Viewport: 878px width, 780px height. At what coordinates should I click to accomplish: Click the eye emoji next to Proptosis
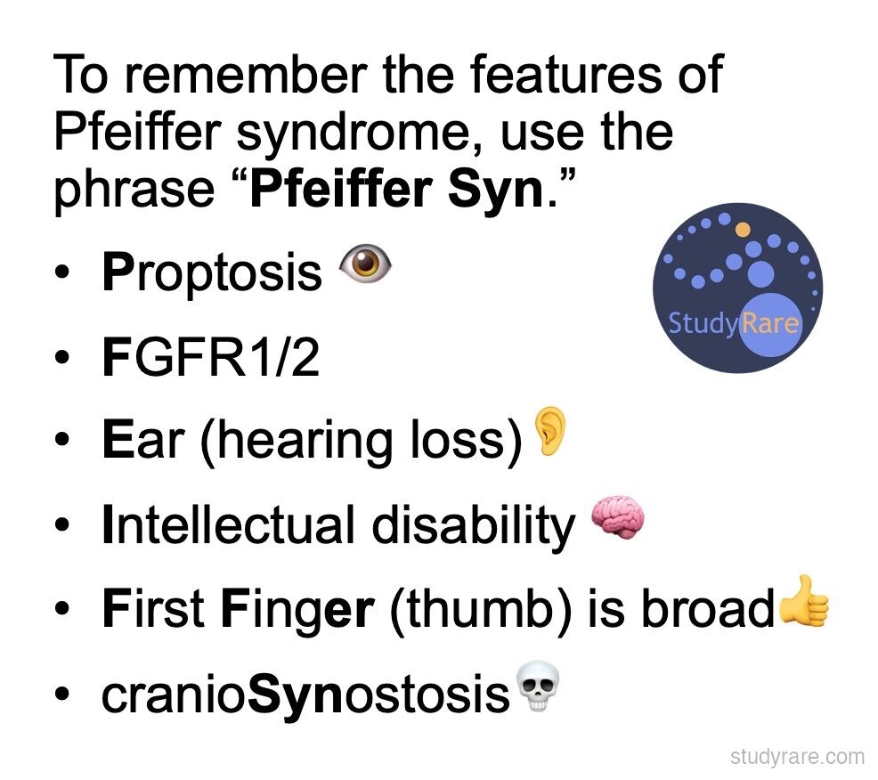(x=366, y=263)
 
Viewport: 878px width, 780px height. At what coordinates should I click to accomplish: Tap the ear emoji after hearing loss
(x=550, y=430)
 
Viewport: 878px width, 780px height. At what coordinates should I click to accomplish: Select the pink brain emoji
(x=618, y=516)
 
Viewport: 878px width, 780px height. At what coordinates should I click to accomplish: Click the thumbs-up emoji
(x=802, y=602)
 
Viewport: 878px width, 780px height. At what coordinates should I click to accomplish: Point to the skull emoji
(x=537, y=687)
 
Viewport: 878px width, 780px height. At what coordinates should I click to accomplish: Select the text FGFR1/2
(x=211, y=357)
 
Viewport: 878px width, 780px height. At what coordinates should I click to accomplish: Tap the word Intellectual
(x=229, y=524)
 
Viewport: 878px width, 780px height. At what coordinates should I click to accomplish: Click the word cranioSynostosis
(x=305, y=695)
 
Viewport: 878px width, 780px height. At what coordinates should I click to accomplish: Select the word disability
(x=474, y=527)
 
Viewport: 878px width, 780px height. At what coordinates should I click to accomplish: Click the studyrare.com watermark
(x=797, y=757)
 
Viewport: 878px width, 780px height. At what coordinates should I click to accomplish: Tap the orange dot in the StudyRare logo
(x=743, y=229)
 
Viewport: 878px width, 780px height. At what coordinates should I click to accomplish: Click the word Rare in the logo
(x=770, y=323)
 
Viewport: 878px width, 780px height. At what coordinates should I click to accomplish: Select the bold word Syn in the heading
(x=496, y=190)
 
